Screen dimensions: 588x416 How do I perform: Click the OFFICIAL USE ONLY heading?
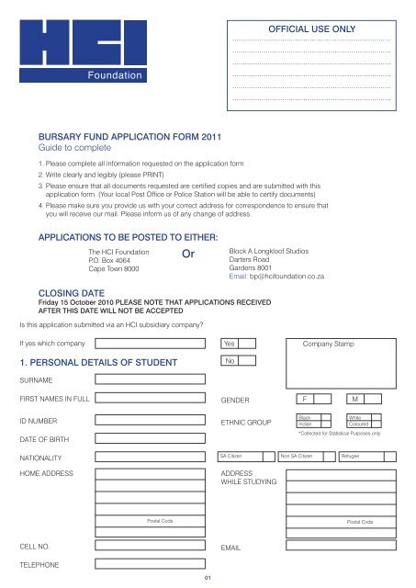click(311, 29)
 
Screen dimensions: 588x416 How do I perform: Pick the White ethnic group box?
click(365, 416)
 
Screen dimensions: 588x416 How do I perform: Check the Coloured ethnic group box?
click(365, 424)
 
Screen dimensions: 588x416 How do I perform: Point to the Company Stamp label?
click(342, 344)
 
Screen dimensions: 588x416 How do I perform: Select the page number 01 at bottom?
click(208, 578)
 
